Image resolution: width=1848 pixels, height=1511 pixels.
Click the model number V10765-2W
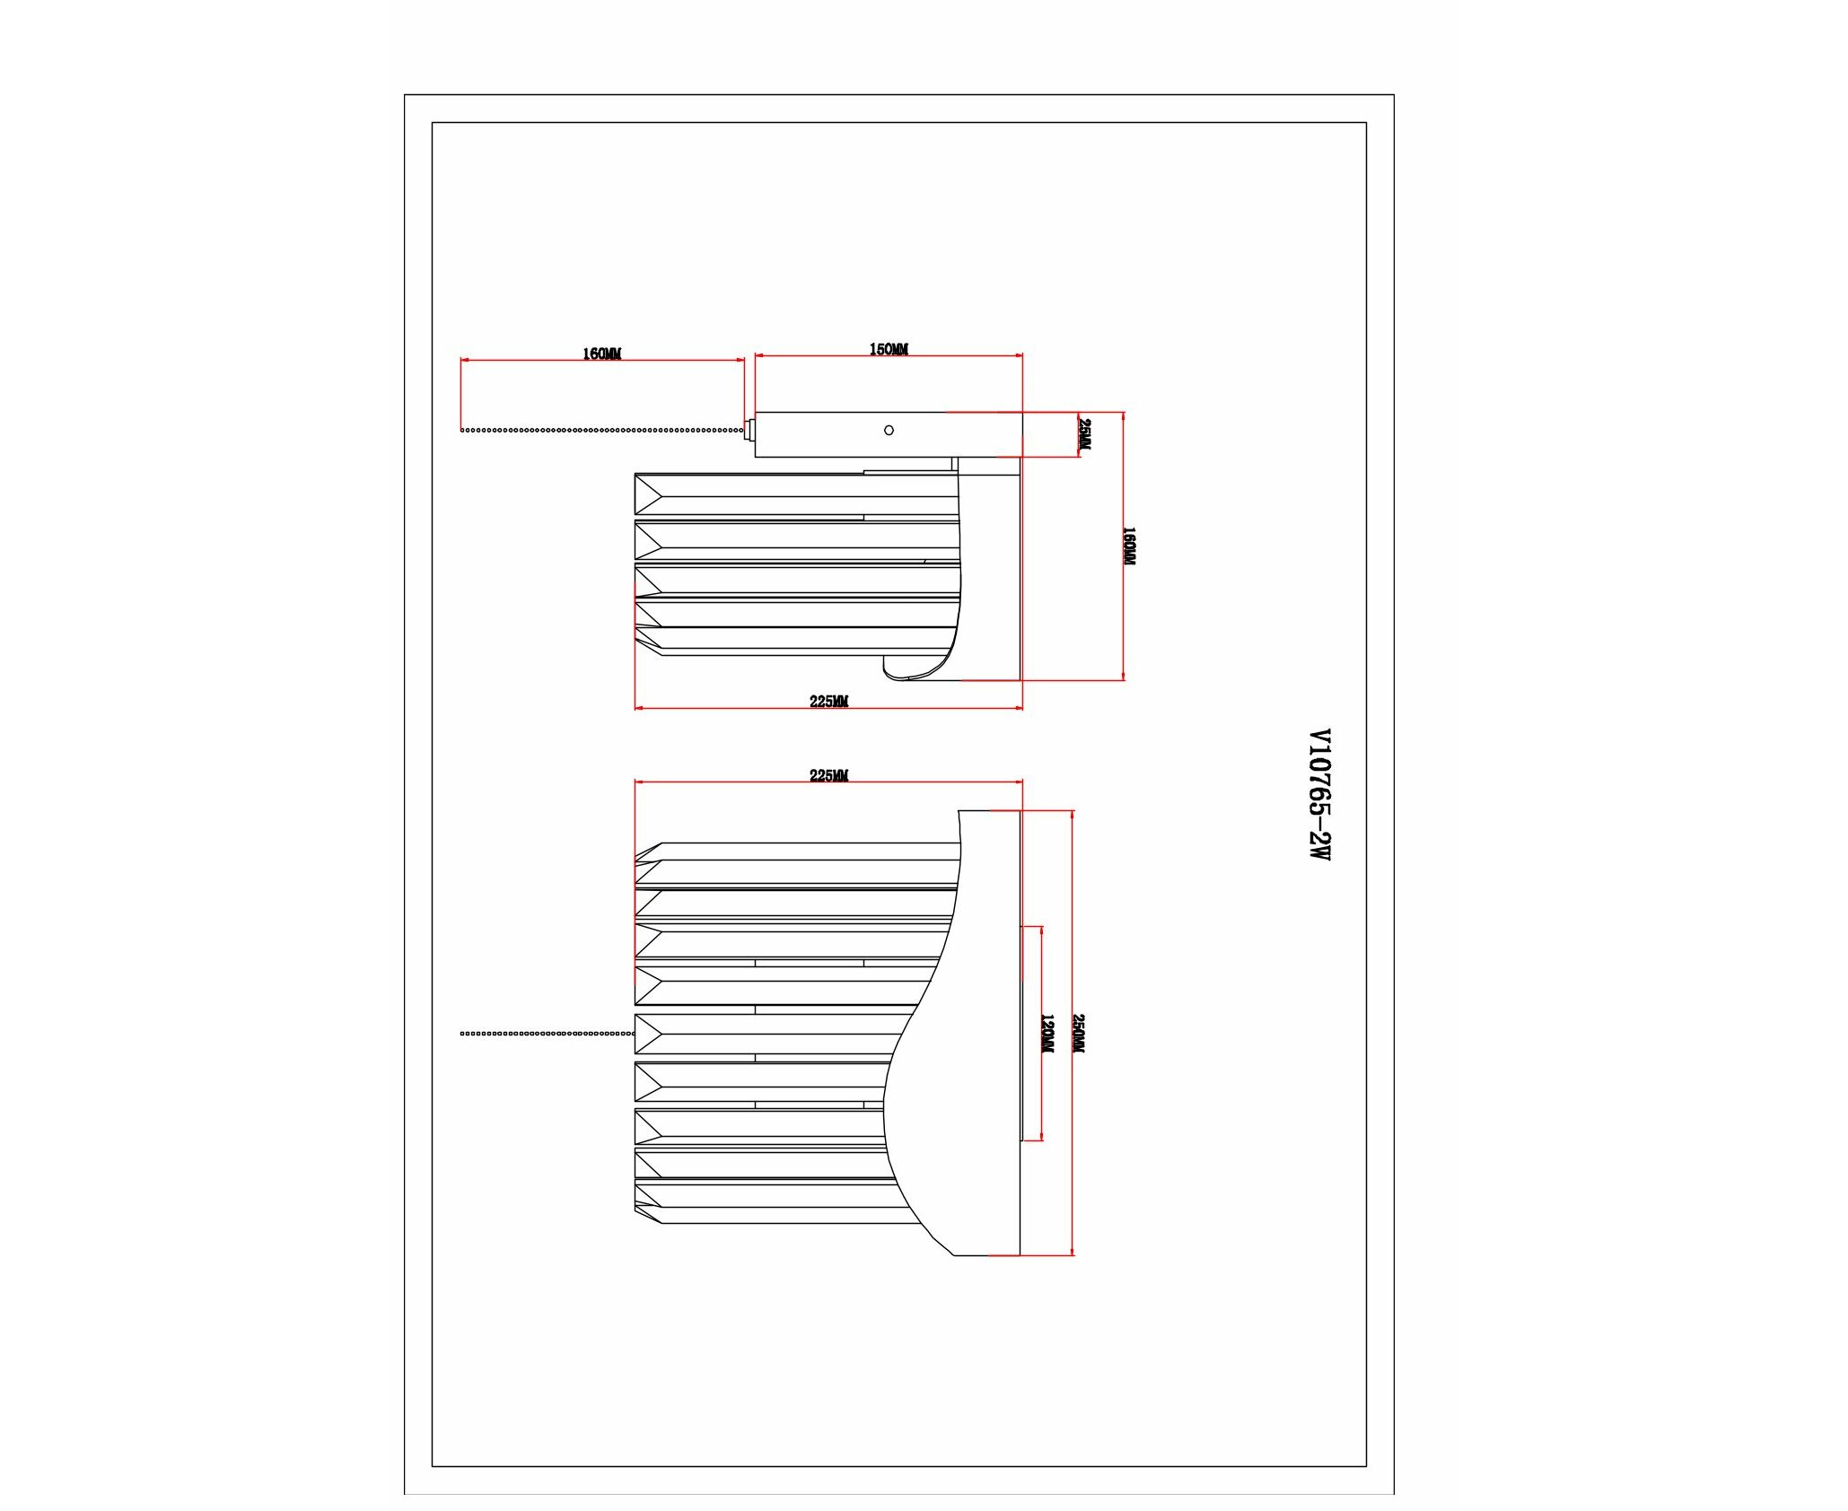tap(1318, 794)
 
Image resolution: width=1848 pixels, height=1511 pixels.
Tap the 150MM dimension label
tap(889, 349)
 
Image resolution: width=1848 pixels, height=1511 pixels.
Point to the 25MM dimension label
tap(1085, 434)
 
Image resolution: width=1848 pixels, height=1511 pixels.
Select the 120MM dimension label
tap(1047, 1034)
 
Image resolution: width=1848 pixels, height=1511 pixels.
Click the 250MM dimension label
tap(1079, 1034)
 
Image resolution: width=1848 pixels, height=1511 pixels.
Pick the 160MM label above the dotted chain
tap(601, 354)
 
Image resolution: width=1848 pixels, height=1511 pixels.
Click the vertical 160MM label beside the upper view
tap(1129, 546)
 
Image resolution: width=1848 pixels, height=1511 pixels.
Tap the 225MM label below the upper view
tap(828, 702)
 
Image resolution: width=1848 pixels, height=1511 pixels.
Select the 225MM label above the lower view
tap(828, 775)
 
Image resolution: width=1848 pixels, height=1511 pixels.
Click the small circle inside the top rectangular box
tap(889, 431)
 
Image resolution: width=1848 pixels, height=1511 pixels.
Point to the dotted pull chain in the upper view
tap(602, 431)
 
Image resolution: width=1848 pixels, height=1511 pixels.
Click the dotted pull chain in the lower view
tap(547, 1034)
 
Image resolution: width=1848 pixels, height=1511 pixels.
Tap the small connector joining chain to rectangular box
tap(749, 431)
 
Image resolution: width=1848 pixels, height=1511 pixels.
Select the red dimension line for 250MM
tap(1073, 1033)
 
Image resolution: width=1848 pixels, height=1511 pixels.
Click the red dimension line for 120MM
tap(1041, 1034)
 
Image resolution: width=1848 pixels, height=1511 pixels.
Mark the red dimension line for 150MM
tap(889, 356)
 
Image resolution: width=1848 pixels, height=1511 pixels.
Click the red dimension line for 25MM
tap(1078, 434)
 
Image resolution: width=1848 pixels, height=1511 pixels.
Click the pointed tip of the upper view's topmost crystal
tap(636, 494)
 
